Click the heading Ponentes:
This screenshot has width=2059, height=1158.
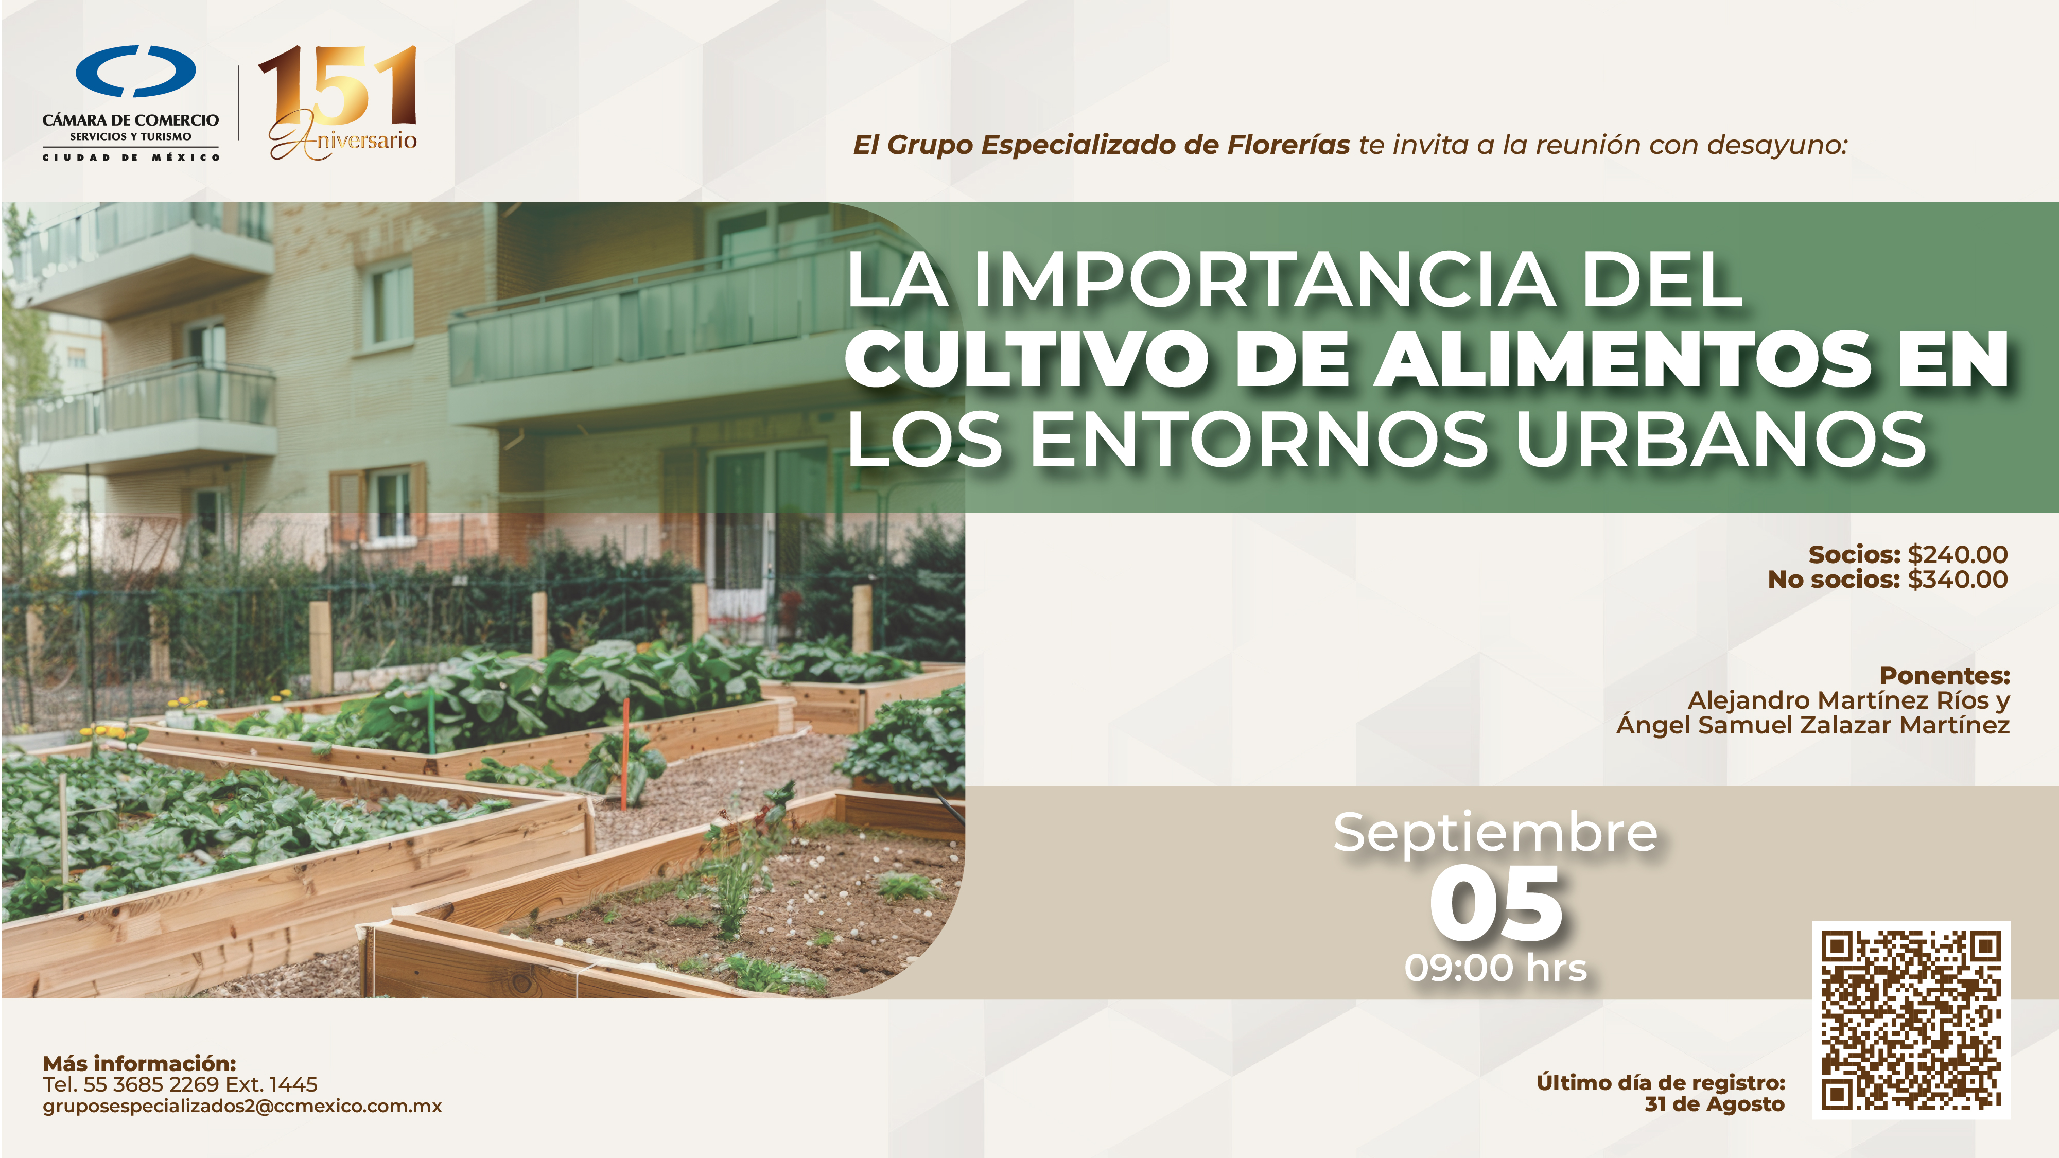click(x=1945, y=675)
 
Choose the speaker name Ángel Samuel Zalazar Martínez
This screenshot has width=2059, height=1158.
click(x=1813, y=725)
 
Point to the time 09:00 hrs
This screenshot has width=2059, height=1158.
click(x=1495, y=968)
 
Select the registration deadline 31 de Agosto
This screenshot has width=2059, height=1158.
click(x=1715, y=1104)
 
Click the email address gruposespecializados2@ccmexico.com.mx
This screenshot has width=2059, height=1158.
click(x=242, y=1106)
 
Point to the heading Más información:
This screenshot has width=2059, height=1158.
click(x=139, y=1064)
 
